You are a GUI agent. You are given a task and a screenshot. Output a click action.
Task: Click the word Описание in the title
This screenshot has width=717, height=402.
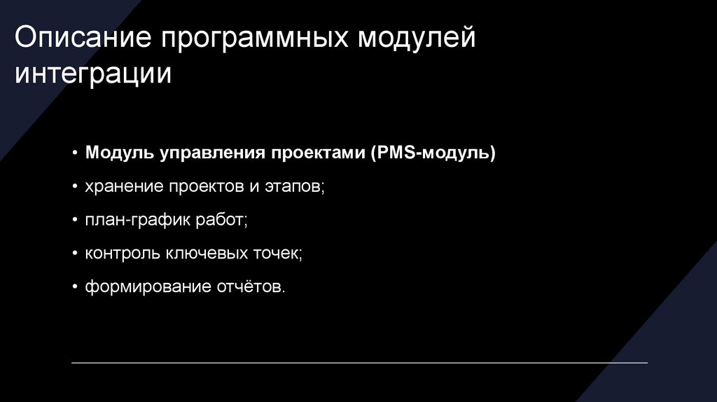pos(82,39)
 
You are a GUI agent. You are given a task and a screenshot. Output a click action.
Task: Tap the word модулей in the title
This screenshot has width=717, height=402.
pos(417,39)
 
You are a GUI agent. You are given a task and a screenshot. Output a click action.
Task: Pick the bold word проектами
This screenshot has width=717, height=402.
pos(317,153)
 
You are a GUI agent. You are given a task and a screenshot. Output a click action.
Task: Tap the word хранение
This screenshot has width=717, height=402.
pos(123,187)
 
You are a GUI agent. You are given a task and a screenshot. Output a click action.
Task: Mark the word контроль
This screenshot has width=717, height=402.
pos(123,254)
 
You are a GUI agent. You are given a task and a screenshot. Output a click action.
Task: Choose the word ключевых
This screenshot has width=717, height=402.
pos(203,254)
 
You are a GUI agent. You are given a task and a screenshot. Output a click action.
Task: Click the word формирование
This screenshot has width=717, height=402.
pos(144,288)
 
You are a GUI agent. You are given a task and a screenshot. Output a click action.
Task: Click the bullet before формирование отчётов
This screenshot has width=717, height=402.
pos(75,288)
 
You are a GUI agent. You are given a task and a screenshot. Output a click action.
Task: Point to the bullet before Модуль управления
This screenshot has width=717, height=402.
pos(75,153)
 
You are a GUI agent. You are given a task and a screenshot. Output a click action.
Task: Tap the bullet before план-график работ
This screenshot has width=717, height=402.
pos(75,221)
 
